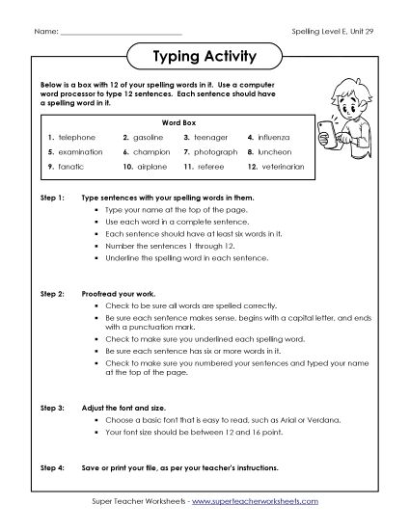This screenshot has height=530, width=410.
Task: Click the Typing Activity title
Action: click(205, 55)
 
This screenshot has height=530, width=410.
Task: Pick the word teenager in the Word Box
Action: click(211, 138)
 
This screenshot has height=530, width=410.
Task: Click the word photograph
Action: click(216, 152)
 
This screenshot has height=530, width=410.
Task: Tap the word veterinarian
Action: click(281, 167)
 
